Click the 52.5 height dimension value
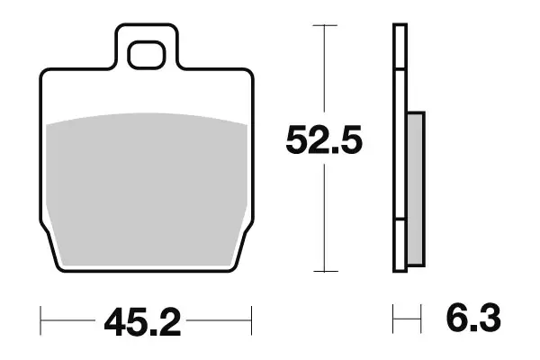click(x=323, y=141)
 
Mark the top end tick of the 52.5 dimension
click(x=324, y=26)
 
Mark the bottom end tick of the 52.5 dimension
click(x=324, y=271)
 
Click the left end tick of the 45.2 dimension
click(x=41, y=318)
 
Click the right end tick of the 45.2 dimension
click(x=251, y=318)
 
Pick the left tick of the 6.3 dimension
click(x=393, y=318)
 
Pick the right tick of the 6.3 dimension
click(x=421, y=318)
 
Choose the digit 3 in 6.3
click(x=486, y=318)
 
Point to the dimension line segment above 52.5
click(x=324, y=72)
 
